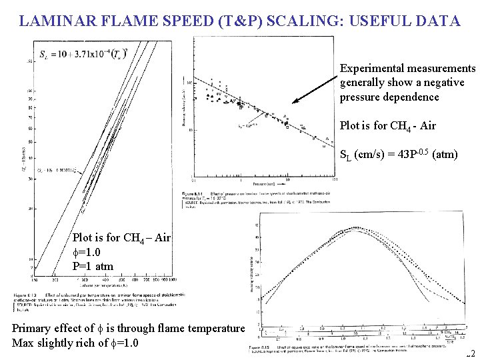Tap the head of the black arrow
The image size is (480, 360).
(x=294, y=103)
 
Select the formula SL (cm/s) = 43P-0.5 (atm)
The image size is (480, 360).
(x=399, y=155)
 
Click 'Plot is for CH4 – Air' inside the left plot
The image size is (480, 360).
(x=121, y=237)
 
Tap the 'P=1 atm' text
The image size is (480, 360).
(x=93, y=267)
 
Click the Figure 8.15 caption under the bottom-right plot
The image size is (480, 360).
(x=347, y=349)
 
